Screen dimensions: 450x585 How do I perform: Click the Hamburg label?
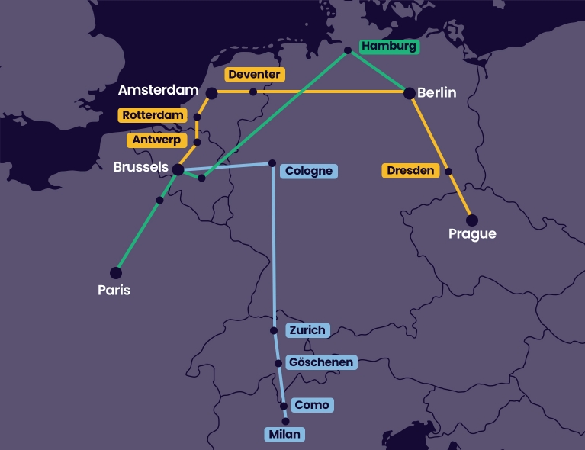[389, 46]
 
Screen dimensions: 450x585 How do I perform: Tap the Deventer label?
[255, 74]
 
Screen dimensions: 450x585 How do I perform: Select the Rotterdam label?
[153, 115]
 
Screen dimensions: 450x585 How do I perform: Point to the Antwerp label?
[156, 140]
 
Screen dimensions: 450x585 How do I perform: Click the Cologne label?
[308, 171]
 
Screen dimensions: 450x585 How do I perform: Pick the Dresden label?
[410, 171]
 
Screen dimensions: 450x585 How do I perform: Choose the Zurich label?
[308, 330]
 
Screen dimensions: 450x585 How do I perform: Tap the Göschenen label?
[320, 362]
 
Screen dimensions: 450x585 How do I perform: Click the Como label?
[311, 405]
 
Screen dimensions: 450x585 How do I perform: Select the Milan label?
[284, 435]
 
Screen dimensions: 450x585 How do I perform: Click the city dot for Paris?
[116, 272]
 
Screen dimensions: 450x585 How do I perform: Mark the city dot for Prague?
[472, 220]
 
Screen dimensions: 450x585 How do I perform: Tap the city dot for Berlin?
[410, 93]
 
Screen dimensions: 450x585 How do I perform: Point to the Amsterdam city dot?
[211, 93]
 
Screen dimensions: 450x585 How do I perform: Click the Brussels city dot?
[178, 170]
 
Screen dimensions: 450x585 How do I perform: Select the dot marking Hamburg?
[348, 50]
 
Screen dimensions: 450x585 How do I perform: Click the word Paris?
[114, 290]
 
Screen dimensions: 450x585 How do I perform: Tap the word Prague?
[472, 234]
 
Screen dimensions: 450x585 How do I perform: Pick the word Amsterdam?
[158, 90]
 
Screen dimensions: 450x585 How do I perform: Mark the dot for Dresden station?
[448, 172]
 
